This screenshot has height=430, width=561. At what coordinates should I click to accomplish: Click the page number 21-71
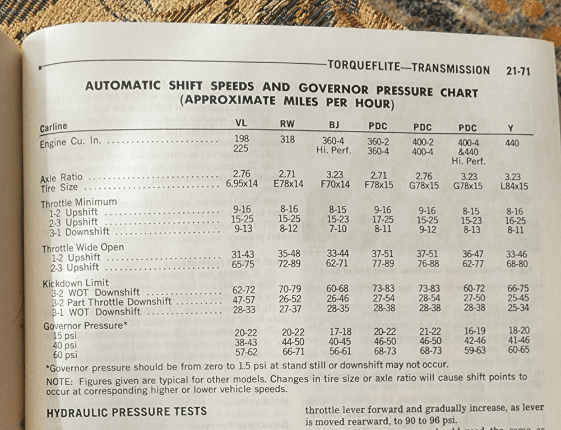pos(517,71)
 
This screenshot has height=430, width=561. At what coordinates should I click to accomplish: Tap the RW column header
pos(288,124)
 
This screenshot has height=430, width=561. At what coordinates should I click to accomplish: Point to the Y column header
pos(510,129)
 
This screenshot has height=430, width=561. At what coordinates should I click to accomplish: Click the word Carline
pos(54,127)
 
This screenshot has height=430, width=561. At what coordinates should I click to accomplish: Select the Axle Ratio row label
pos(61,178)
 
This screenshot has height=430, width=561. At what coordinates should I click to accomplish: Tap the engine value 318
pos(287,139)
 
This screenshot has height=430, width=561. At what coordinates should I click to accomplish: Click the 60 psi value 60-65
pos(518,350)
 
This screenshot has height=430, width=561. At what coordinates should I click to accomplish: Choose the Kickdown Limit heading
pos(76,283)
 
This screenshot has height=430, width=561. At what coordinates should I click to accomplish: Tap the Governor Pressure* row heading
pos(86,326)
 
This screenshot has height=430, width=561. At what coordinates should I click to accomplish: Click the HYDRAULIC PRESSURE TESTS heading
pos(126,413)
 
